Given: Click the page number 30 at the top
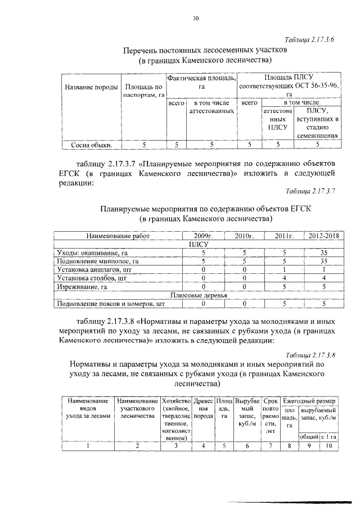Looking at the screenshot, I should (x=196, y=19).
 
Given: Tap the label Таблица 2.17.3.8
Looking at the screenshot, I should (x=310, y=355).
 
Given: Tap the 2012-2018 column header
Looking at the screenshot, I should (x=323, y=236).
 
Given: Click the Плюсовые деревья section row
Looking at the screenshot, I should (x=199, y=295).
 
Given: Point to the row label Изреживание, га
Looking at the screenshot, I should (x=82, y=287).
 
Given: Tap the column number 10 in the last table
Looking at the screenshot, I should (x=329, y=446).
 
